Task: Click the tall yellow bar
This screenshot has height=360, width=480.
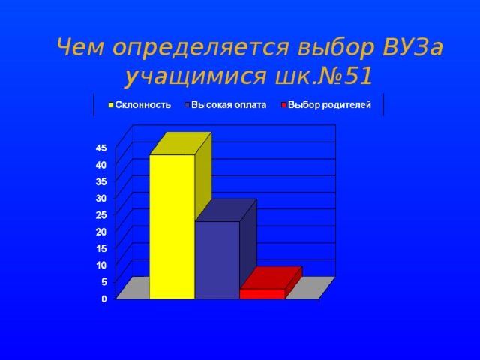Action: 172,225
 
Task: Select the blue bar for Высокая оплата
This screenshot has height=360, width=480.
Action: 217,259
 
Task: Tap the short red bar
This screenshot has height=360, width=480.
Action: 262,293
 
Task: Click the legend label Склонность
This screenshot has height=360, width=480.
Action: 145,106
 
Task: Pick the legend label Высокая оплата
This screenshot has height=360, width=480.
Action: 228,106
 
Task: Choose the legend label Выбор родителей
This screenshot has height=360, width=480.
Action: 329,106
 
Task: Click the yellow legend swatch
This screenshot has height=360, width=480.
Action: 111,106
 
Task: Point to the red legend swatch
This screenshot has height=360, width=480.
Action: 283,106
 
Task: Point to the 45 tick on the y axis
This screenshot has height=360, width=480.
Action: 100,148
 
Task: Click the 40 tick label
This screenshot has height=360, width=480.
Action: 100,164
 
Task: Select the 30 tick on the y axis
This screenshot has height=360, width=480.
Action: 100,198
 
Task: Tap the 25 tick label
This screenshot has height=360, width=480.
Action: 100,214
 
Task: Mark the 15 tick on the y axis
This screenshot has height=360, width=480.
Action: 100,248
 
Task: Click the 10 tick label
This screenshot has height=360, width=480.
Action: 100,265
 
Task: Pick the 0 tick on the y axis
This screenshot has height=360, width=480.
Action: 103,298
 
